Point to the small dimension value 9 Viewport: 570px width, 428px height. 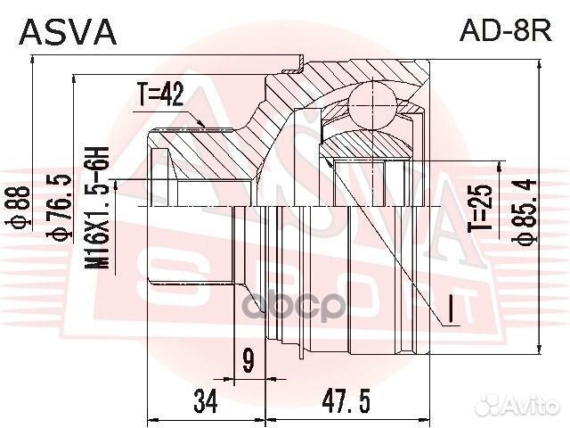tap(247, 362)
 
